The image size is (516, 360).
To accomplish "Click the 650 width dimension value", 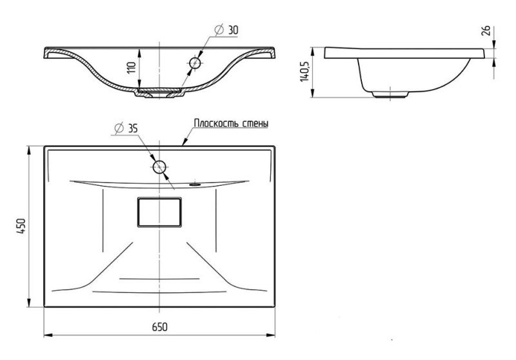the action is (x=159, y=326).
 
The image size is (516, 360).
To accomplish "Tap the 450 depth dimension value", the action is (x=21, y=226).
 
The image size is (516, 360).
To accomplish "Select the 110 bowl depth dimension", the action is (x=132, y=68).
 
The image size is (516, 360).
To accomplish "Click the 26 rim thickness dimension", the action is (x=486, y=30).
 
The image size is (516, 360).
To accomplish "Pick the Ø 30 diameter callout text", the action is (x=226, y=30).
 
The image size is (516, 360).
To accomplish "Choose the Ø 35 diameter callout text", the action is (x=126, y=128).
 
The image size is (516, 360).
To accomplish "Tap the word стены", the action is (x=255, y=124).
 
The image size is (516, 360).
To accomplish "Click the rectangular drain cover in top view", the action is (x=159, y=212).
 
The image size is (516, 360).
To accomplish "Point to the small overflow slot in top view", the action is (x=195, y=185).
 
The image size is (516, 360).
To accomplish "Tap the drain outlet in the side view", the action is (x=390, y=94).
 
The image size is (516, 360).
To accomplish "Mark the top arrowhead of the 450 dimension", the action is (x=29, y=150).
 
